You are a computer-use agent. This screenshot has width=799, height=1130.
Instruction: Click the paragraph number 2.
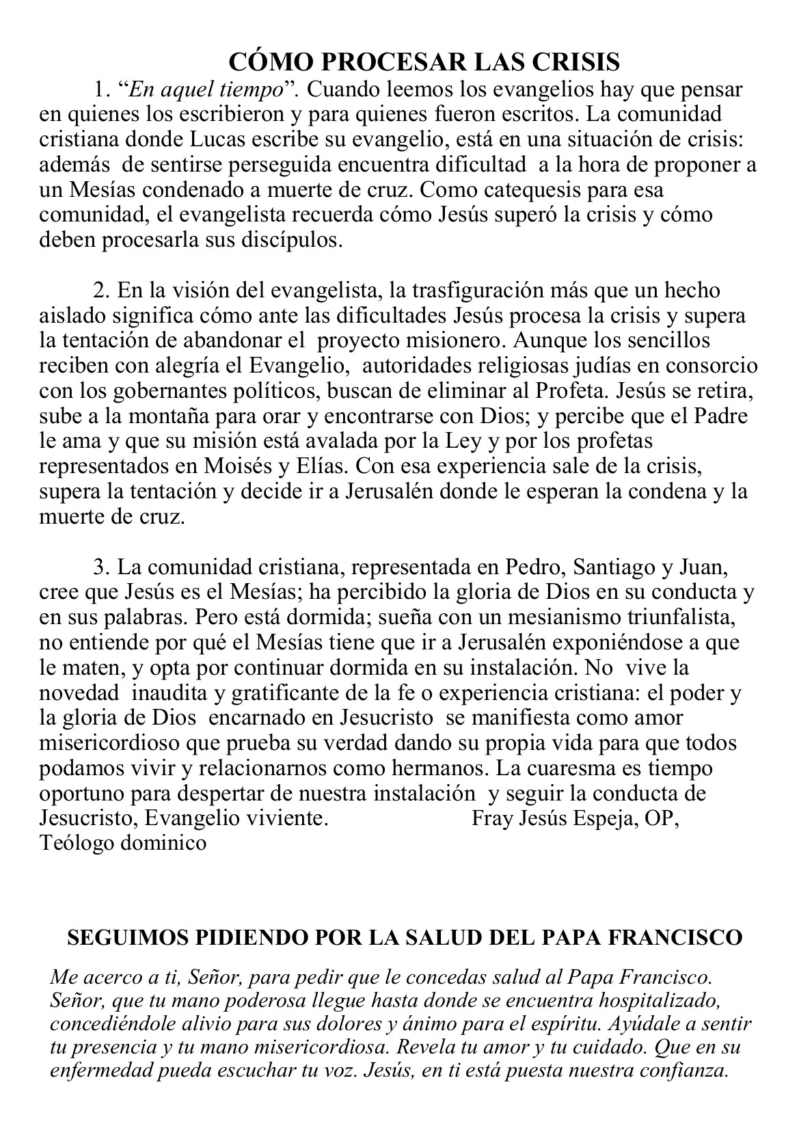101,291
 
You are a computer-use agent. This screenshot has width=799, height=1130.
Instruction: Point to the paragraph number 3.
101,567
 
